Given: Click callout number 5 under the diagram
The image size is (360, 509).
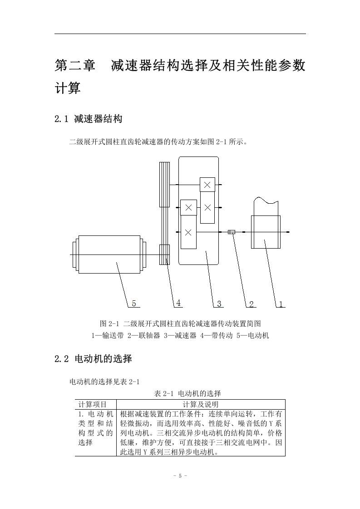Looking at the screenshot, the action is pyautogui.click(x=134, y=304).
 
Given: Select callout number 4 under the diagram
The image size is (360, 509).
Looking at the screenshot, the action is pyautogui.click(x=178, y=303).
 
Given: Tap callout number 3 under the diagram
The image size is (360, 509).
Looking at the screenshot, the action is pyautogui.click(x=219, y=304).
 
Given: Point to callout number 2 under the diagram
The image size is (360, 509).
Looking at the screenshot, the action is pyautogui.click(x=251, y=304).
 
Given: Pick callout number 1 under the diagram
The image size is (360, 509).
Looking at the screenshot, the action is pyautogui.click(x=281, y=304).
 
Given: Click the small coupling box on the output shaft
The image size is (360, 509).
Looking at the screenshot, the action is pyautogui.click(x=232, y=232).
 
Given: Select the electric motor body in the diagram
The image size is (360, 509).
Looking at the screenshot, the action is pyautogui.click(x=109, y=255).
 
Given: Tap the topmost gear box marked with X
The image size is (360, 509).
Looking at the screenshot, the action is pyautogui.click(x=207, y=185).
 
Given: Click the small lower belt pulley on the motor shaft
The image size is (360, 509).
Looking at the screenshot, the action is pyautogui.click(x=164, y=254).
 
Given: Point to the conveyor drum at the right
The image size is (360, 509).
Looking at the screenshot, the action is pyautogui.click(x=266, y=232).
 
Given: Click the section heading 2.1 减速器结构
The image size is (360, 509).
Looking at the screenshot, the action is pyautogui.click(x=89, y=119).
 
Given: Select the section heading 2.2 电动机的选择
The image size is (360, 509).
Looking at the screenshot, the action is pyautogui.click(x=93, y=359).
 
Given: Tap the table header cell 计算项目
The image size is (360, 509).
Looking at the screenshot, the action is pyautogui.click(x=93, y=405).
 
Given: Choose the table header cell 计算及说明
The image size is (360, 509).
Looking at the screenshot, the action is pyautogui.click(x=201, y=405).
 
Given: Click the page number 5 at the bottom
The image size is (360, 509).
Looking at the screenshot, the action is pyautogui.click(x=180, y=476).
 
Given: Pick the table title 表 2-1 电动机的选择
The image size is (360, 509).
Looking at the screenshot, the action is pyautogui.click(x=187, y=393).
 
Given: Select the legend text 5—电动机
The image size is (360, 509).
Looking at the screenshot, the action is pyautogui.click(x=252, y=335).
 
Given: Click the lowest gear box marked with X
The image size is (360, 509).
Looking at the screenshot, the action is pyautogui.click(x=188, y=232).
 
